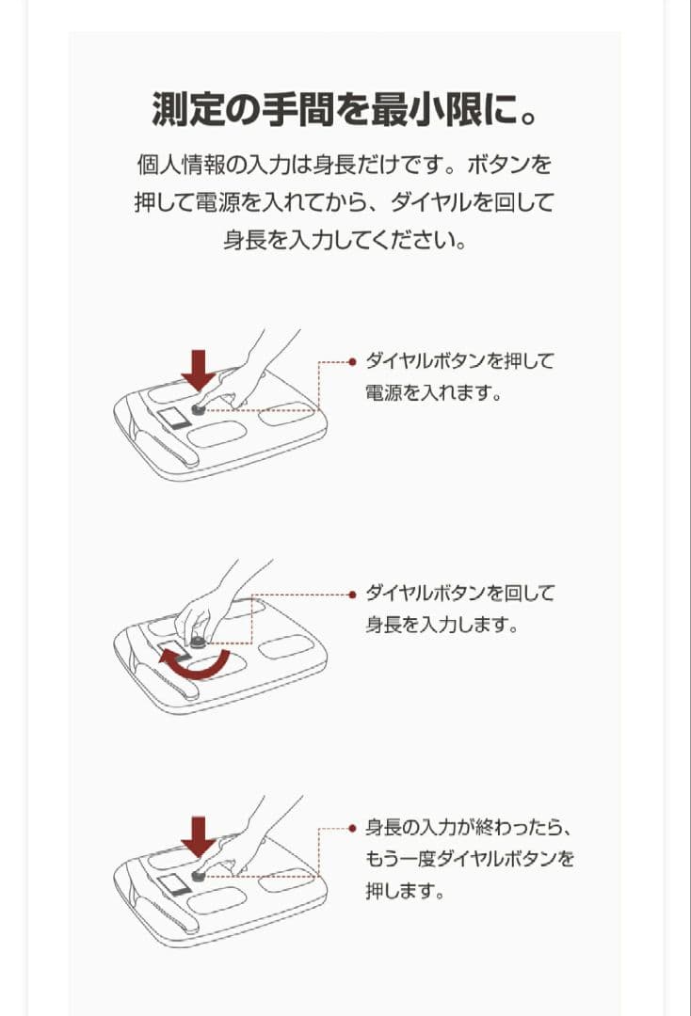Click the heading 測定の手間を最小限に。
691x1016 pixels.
pos(345,110)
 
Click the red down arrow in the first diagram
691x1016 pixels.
pos(199,369)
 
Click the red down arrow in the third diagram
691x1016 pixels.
pos(199,835)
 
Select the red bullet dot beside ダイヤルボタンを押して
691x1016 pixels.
pos(352,361)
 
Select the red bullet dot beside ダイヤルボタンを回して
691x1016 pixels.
pos(352,595)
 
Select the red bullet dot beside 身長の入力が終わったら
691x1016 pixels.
pos(352,829)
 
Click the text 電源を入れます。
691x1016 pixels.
pos(432,392)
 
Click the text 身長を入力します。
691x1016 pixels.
pos(442,625)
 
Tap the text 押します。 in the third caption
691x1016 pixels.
pos(404,890)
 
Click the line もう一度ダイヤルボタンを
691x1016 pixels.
pos(469,860)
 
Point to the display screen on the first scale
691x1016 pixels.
pos(172,418)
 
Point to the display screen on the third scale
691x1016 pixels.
pos(172,884)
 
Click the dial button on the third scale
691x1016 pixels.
pos(200,876)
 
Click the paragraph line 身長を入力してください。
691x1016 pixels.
pos(345,239)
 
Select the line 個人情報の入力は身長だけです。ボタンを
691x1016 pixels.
pos(345,166)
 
